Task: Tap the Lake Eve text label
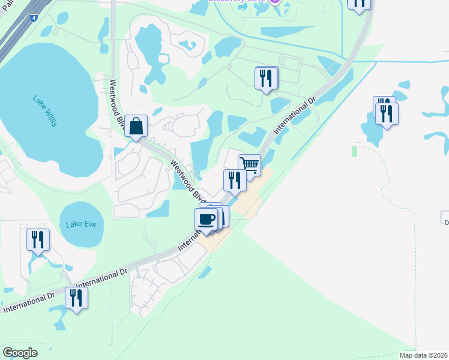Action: click(x=81, y=224)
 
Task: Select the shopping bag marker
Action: click(x=136, y=127)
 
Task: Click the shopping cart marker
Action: click(x=249, y=164)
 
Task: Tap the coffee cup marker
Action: click(x=206, y=219)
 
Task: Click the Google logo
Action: click(x=20, y=353)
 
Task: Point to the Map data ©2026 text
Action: click(x=424, y=355)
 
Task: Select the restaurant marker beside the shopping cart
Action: click(x=235, y=180)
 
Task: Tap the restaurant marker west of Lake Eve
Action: click(x=38, y=240)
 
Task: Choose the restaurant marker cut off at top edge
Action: click(x=359, y=3)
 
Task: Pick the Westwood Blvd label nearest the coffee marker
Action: click(x=188, y=181)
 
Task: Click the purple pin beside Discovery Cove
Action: click(x=274, y=2)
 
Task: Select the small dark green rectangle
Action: click(x=354, y=151)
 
